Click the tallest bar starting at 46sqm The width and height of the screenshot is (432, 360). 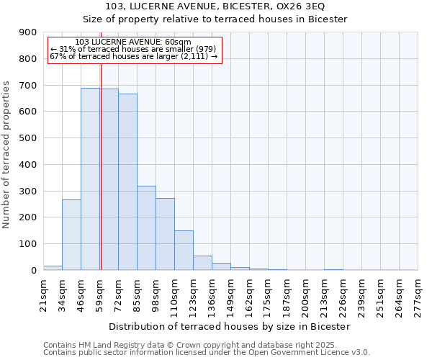pos(90,179)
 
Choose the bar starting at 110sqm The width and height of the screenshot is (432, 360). pos(184,251)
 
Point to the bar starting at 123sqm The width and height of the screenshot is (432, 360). pos(202,263)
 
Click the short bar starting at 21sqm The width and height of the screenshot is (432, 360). pos(53,268)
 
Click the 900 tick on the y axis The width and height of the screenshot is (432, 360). pos(27,32)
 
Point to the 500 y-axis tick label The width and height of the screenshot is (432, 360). pos(27,138)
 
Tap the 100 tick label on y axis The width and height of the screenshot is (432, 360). pos(27,244)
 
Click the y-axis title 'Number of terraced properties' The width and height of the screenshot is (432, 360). pos(6,154)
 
